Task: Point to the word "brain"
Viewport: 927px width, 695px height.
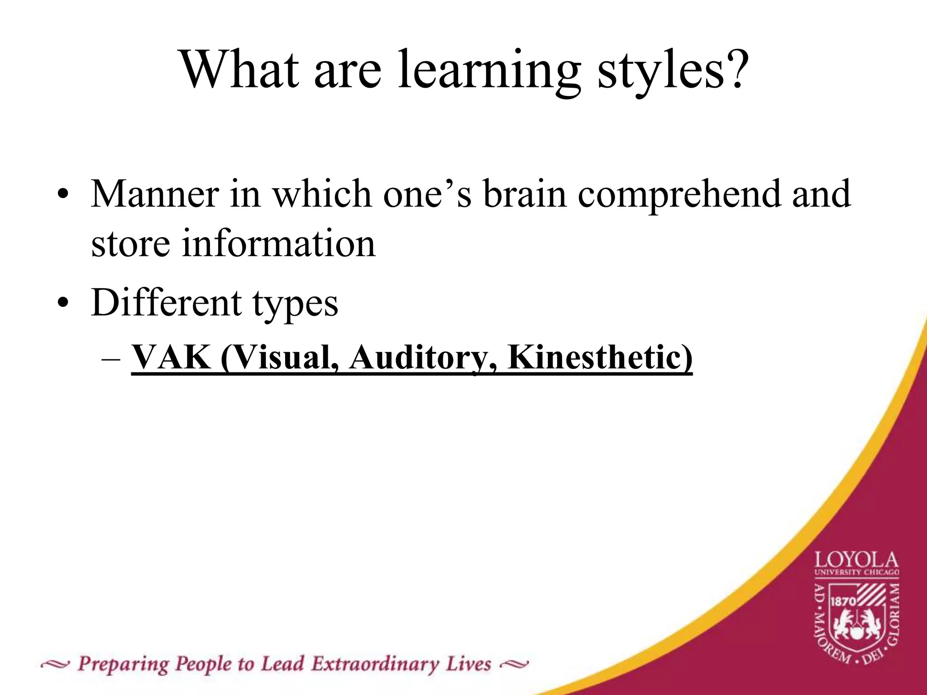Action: pyautogui.click(x=525, y=194)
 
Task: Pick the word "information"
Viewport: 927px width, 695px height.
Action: pyautogui.click(x=278, y=243)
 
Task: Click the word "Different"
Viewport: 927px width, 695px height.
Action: pyautogui.click(x=166, y=302)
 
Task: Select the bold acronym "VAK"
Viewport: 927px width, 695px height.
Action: pyautogui.click(x=171, y=358)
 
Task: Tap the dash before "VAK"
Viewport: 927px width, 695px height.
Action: pyautogui.click(x=111, y=360)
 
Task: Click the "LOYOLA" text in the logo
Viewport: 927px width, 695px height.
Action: pyautogui.click(x=856, y=561)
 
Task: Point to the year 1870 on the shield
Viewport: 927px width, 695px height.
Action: pyautogui.click(x=843, y=601)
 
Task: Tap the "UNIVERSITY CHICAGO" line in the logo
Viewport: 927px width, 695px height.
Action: pyautogui.click(x=856, y=573)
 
